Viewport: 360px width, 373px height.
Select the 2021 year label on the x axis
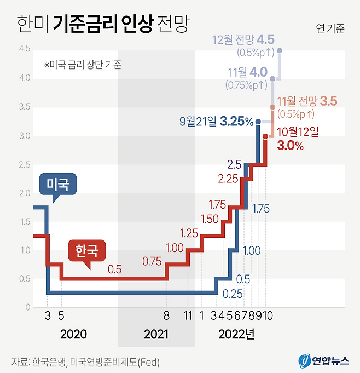156,334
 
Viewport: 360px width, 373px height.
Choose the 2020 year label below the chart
73,334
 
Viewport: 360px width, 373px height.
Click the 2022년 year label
236,334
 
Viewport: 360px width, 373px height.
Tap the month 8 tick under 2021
166,316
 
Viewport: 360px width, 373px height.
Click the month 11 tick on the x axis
188,316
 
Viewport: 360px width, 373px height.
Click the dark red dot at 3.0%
265,136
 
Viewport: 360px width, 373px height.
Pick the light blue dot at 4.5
280,50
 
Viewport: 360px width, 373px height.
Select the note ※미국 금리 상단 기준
82,65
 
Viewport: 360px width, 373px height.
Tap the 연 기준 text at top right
330,29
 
